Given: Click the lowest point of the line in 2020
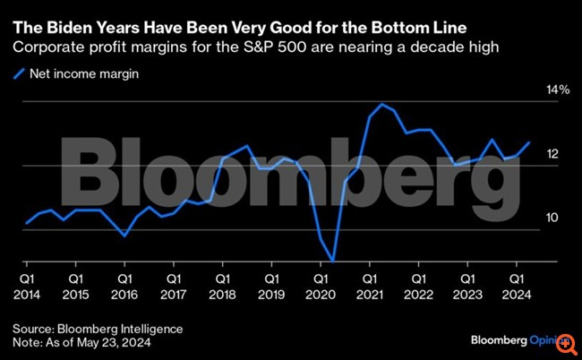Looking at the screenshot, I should click(333, 260).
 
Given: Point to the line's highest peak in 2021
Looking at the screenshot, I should click(383, 105).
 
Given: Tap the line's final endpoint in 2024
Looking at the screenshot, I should click(529, 142).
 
